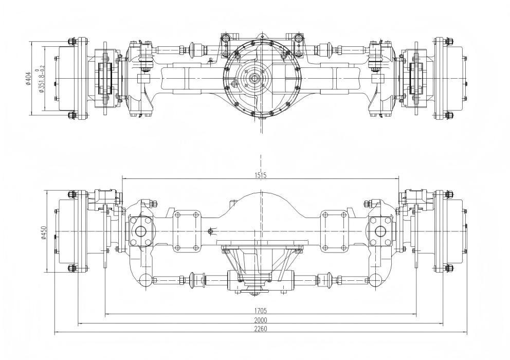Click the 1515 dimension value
[x=261, y=175]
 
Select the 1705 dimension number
[x=261, y=311]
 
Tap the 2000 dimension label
[x=261, y=320]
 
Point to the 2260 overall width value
[x=261, y=329]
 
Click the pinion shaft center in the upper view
[x=254, y=78]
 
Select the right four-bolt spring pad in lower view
[x=335, y=231]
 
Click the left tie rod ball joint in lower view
[x=145, y=280]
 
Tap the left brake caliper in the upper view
[x=105, y=78]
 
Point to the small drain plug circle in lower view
[x=211, y=231]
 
